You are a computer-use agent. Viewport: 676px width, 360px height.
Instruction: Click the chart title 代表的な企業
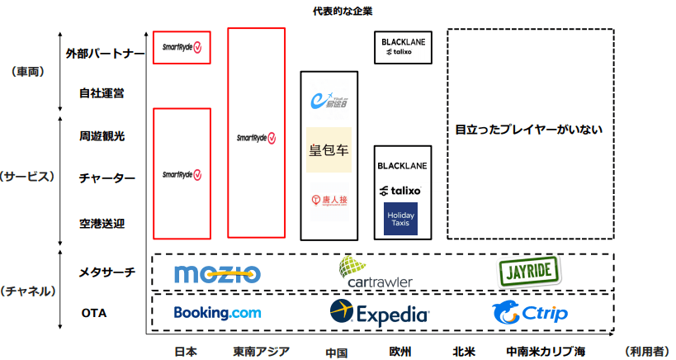pyautogui.click(x=338, y=12)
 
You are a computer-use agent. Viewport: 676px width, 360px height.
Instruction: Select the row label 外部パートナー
pyautogui.click(x=106, y=54)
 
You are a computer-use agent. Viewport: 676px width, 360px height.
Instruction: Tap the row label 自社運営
pyautogui.click(x=102, y=93)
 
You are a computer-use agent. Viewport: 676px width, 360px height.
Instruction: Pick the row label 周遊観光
pyautogui.click(x=102, y=135)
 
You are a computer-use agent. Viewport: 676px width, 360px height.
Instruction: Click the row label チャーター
pyautogui.click(x=102, y=178)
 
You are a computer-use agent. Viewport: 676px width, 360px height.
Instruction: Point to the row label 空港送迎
pyautogui.click(x=102, y=223)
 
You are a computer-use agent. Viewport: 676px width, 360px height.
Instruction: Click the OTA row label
pyautogui.click(x=93, y=313)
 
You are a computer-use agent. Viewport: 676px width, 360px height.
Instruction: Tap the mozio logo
pyautogui.click(x=217, y=273)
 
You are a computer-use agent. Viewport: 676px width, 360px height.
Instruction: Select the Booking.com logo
pyautogui.click(x=217, y=313)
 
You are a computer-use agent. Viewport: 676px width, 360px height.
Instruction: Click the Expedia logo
pyautogui.click(x=379, y=313)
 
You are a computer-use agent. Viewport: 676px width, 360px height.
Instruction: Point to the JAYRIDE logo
pyautogui.click(x=529, y=271)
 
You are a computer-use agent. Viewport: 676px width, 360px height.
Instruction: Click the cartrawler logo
pyautogui.click(x=376, y=273)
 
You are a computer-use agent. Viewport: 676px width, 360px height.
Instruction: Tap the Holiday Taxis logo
pyautogui.click(x=400, y=217)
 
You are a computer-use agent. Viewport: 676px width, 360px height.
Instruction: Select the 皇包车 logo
pyautogui.click(x=329, y=150)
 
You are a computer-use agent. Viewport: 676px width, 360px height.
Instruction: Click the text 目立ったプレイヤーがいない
pyautogui.click(x=529, y=130)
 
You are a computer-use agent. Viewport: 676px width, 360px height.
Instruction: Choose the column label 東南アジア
pyautogui.click(x=262, y=351)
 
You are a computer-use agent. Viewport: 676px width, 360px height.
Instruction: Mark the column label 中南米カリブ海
pyautogui.click(x=546, y=351)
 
